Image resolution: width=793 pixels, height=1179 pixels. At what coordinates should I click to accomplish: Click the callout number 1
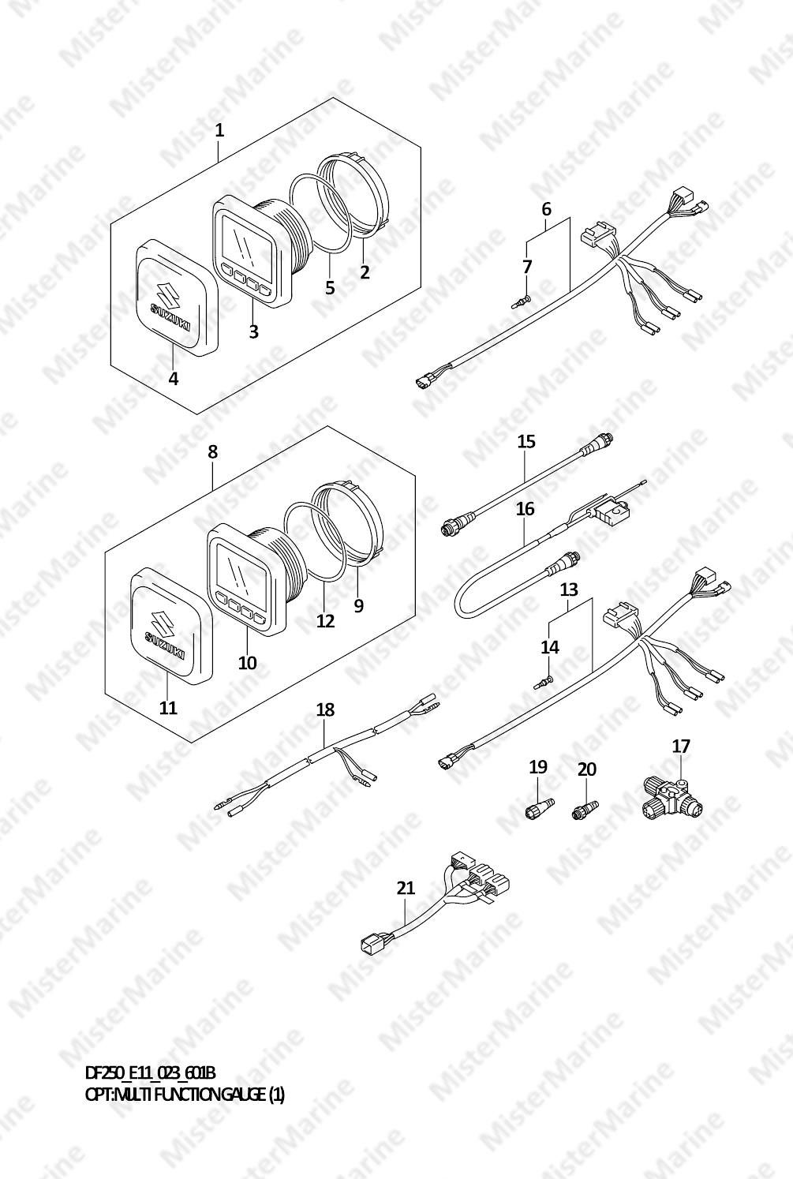tap(219, 130)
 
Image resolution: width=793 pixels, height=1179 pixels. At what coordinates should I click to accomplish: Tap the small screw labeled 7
tap(521, 301)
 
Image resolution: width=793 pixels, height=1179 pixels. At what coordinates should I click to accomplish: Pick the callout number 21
tap(406, 888)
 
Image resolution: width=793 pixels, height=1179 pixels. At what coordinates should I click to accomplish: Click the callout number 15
tap(526, 441)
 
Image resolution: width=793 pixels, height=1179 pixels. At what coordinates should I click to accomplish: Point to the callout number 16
tap(526, 509)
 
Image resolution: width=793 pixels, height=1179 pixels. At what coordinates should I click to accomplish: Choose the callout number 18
tap(325, 710)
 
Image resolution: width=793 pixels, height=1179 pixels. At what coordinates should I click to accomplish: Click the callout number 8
tap(212, 452)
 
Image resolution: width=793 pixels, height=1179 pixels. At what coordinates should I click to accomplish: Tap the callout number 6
tap(547, 209)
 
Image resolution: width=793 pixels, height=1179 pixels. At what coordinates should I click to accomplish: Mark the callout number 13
tap(569, 589)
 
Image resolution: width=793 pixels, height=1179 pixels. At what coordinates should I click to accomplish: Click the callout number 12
tap(326, 621)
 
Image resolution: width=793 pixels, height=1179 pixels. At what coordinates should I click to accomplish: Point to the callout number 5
tap(330, 288)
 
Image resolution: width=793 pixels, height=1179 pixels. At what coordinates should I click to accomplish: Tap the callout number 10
tap(247, 662)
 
